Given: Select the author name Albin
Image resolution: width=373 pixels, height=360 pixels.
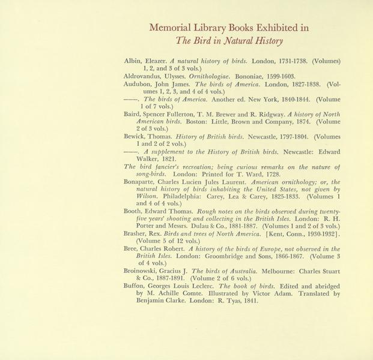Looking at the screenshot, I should pyautogui.click(x=134, y=61).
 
